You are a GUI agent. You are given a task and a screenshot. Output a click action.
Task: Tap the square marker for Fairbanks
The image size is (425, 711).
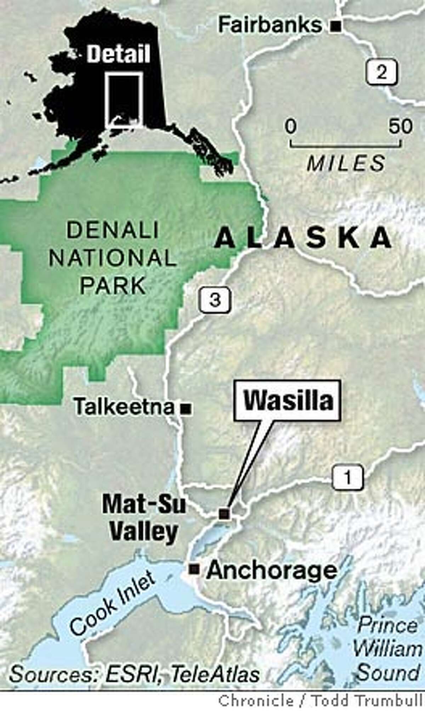tap(337, 25)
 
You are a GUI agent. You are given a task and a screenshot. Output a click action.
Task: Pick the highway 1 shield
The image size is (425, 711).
tap(347, 478)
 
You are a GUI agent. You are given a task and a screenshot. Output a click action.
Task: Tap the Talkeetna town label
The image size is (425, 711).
tap(124, 408)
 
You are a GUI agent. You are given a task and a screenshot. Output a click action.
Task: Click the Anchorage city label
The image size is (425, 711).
tap(271, 570)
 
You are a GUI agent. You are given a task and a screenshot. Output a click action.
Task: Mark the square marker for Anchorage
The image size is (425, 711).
tap(194, 569)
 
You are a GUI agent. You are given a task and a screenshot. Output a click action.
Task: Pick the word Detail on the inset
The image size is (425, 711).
tap(119, 55)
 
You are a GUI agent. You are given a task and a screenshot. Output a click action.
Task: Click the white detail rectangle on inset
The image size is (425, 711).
tap(125, 100)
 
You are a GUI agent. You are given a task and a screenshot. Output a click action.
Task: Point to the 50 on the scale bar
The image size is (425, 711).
tap(401, 126)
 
